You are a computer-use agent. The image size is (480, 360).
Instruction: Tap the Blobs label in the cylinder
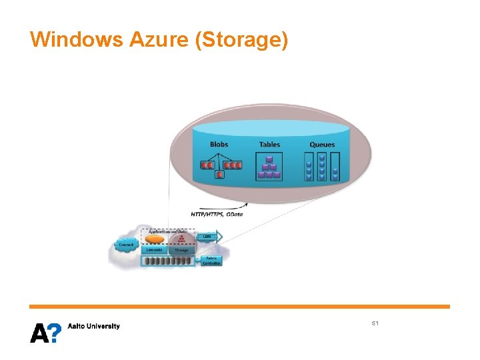pos(219,144)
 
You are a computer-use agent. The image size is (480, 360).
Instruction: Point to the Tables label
pos(269,144)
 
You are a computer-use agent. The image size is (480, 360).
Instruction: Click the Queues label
pos(322,144)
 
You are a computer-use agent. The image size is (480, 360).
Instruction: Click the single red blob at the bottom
pos(219,175)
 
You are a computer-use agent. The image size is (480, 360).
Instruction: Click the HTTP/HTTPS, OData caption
pos(217,214)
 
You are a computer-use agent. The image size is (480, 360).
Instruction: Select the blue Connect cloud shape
pos(125,245)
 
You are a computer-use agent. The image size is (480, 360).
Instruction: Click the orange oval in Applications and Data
pos(155,239)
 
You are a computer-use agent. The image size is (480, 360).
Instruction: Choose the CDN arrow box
pos(209,237)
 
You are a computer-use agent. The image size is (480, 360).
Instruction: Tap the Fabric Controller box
pos(211,260)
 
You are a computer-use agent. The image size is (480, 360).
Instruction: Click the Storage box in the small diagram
pos(181,250)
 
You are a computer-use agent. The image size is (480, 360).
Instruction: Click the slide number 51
pos(375,323)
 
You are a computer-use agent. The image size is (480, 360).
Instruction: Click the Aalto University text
pos(94,326)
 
